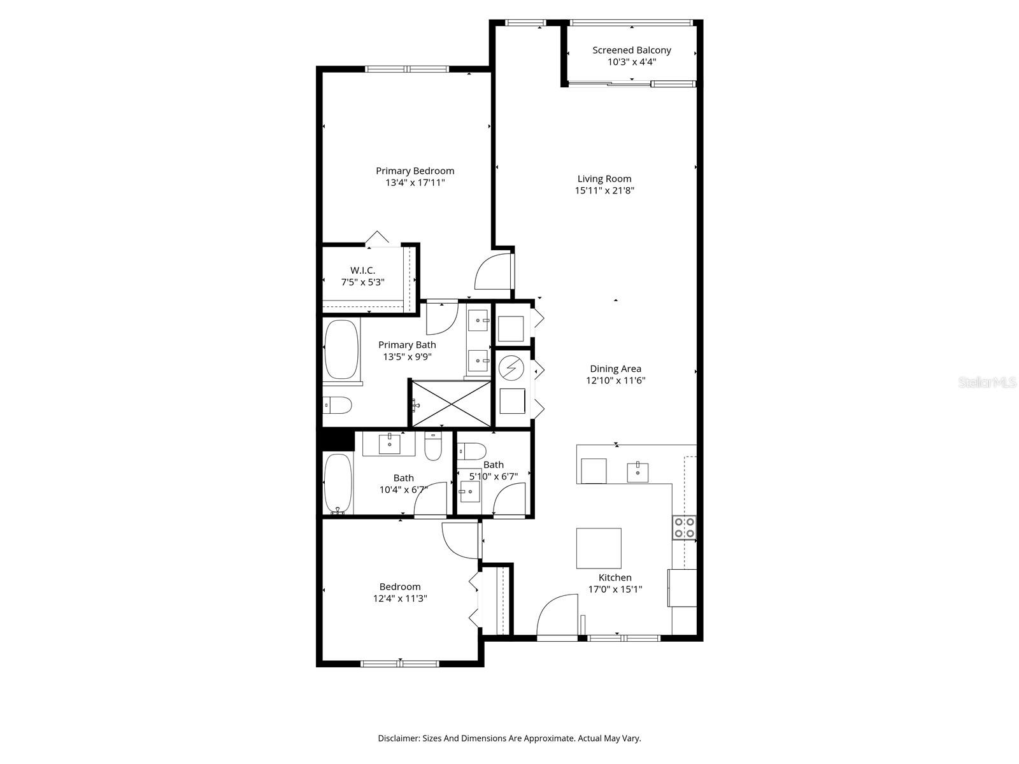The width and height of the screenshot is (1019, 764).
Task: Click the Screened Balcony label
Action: tap(631, 50)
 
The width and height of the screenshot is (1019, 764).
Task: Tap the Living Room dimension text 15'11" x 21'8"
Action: tap(604, 190)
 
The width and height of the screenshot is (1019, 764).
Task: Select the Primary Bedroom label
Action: tap(415, 171)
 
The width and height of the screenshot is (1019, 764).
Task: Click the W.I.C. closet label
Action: tap(362, 271)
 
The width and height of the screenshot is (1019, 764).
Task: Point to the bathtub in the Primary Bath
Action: tap(341, 350)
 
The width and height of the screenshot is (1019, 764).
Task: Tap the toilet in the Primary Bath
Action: tap(338, 405)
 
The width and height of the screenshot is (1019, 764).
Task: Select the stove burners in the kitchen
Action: tap(684, 527)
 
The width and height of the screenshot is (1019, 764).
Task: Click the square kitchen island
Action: tap(599, 548)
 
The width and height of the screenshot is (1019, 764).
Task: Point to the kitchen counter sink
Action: tap(638, 472)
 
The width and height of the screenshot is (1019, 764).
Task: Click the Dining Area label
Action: tap(615, 369)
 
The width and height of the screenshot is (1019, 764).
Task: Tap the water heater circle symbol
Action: tap(510, 367)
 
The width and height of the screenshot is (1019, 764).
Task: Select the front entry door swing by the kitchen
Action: tap(558, 615)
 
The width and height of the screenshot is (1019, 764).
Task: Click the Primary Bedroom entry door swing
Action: tap(493, 272)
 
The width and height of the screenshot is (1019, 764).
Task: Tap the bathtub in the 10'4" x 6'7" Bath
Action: tap(338, 483)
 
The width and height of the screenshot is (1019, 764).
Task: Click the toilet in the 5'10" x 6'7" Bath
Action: tap(471, 451)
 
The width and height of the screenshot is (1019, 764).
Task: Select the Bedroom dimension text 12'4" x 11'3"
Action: tap(400, 598)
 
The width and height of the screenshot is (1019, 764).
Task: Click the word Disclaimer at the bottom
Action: tap(398, 739)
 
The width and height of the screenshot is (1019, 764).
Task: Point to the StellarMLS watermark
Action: tap(987, 383)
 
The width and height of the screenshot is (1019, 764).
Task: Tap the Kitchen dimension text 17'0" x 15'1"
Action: tap(615, 590)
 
